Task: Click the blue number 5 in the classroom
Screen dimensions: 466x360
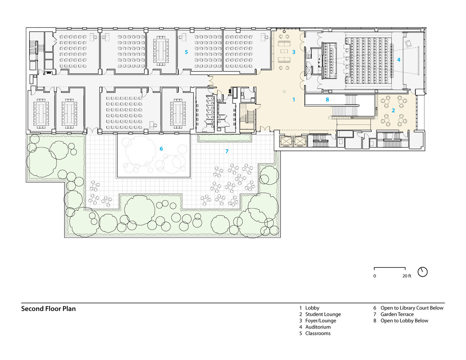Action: [x=186, y=52]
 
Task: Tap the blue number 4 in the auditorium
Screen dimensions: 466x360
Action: [x=399, y=60]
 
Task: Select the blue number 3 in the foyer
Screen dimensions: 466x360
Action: [x=294, y=52]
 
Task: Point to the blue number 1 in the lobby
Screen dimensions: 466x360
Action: [x=294, y=99]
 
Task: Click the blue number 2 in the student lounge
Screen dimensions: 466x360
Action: [x=393, y=111]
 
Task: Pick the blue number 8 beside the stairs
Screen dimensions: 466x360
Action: [x=327, y=99]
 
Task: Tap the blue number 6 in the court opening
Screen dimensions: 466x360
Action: [x=161, y=148]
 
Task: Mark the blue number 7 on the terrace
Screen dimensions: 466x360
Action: [x=227, y=151]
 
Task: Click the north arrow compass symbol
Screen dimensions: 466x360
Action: [x=422, y=272]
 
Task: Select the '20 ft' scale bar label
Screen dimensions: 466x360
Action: [x=407, y=276]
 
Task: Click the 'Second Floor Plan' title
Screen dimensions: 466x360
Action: [x=49, y=309]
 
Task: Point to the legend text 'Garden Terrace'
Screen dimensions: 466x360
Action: [x=397, y=314]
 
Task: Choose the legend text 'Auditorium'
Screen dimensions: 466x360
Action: [x=318, y=327]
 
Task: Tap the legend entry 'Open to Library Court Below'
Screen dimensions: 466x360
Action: [x=412, y=308]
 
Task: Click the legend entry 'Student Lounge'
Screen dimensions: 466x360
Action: [x=323, y=314]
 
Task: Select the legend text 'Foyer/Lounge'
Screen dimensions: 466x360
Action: [x=321, y=320]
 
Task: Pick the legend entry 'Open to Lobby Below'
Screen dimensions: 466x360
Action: [x=404, y=320]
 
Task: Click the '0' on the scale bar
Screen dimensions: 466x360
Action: [x=375, y=276]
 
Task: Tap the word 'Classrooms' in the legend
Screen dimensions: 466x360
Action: [x=318, y=333]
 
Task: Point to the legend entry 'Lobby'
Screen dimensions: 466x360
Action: [x=312, y=308]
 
